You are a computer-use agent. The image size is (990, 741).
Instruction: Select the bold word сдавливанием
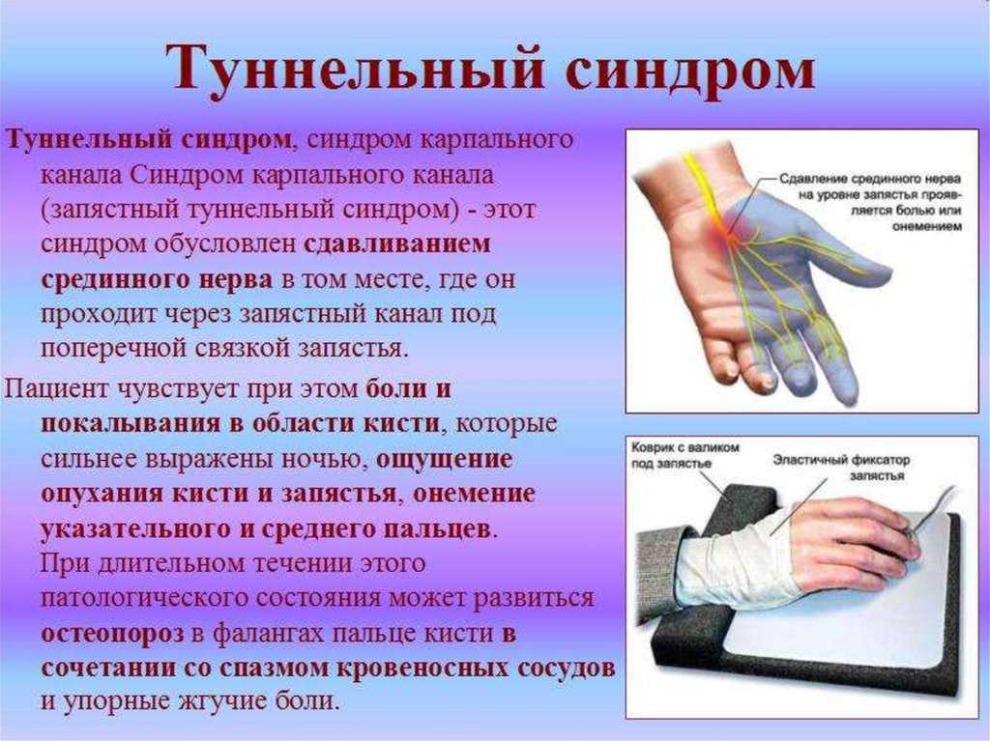point(396,244)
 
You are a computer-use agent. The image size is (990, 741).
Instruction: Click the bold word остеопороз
point(112,634)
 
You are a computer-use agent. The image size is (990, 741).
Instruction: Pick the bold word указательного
point(135,528)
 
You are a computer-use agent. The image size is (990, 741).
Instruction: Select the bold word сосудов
point(565,668)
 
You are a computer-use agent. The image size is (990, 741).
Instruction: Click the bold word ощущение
point(444,460)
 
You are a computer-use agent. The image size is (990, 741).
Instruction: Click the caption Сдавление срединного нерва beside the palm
point(871,179)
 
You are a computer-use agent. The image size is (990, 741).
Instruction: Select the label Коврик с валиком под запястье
point(684,455)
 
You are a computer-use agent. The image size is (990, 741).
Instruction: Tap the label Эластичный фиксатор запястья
point(841,467)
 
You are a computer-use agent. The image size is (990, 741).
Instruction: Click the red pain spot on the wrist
point(727,232)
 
